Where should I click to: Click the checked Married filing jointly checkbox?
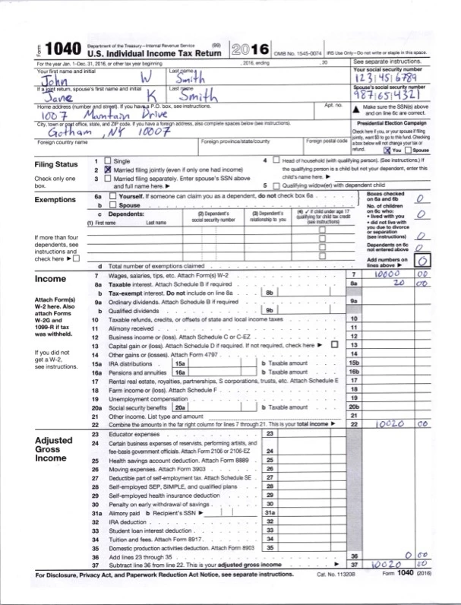click(x=107, y=170)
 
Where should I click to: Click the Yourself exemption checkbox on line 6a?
click(x=113, y=197)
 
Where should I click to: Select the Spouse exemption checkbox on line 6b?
click(x=113, y=205)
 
